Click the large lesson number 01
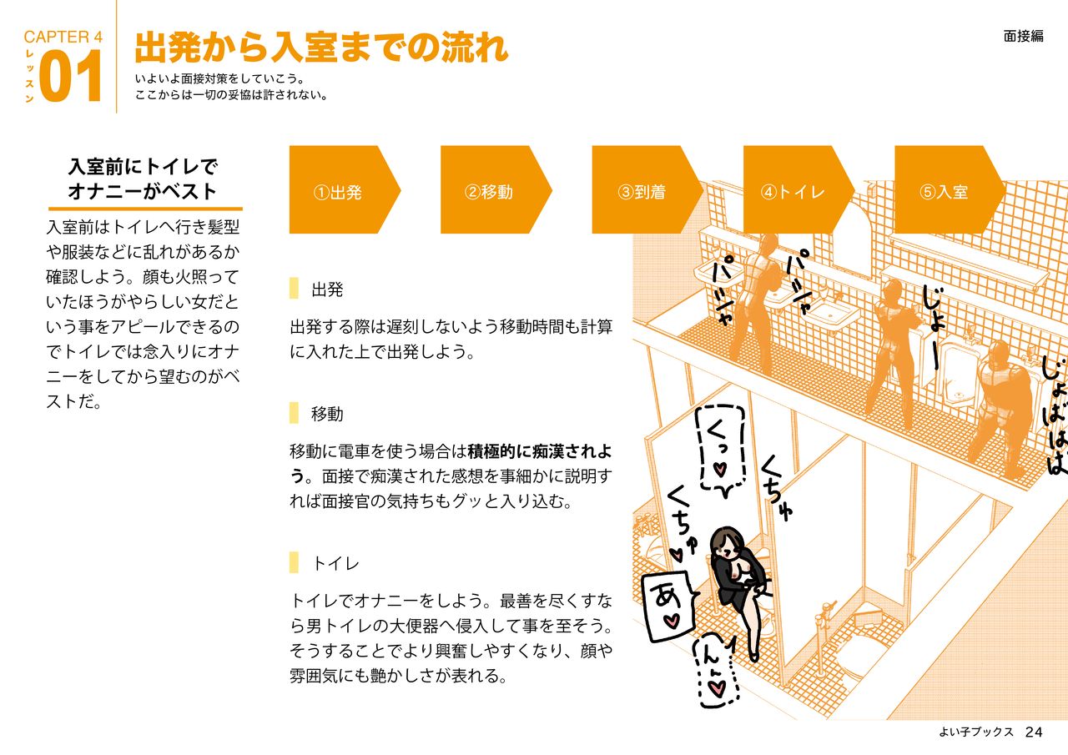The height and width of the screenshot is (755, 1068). [x=71, y=77]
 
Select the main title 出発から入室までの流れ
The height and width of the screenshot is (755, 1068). [x=321, y=48]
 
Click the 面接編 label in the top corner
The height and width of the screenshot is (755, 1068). [x=1023, y=36]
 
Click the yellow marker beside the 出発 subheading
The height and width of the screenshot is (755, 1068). [x=294, y=289]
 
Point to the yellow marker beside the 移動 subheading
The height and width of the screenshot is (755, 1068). [x=294, y=413]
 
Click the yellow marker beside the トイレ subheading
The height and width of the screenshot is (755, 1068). [x=294, y=563]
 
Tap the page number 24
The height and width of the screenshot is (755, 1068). [x=1034, y=732]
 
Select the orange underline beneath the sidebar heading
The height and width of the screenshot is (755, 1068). [x=144, y=209]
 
